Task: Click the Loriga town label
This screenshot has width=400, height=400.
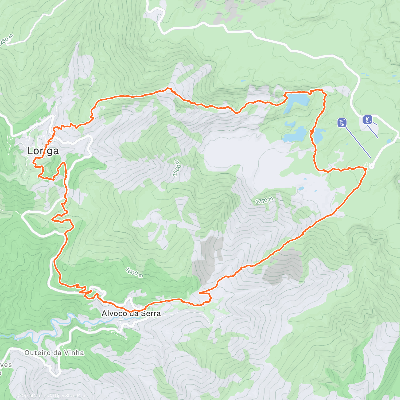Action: [43, 151]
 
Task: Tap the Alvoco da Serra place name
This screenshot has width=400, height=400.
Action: [131, 314]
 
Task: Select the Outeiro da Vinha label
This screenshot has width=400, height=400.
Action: [54, 353]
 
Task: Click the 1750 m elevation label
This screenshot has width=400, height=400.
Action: [264, 201]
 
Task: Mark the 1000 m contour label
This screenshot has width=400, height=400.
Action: [135, 272]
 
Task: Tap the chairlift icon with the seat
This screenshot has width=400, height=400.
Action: [342, 123]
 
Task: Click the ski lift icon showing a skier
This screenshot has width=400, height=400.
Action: [368, 119]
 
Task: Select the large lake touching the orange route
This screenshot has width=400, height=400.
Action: [297, 99]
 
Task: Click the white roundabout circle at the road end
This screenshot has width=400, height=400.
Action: [372, 166]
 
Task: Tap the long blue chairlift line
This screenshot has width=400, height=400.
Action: [358, 143]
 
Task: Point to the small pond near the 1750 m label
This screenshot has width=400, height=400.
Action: [301, 189]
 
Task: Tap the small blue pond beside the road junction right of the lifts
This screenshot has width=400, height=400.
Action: [389, 142]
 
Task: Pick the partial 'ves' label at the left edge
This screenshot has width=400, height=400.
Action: [6, 365]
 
